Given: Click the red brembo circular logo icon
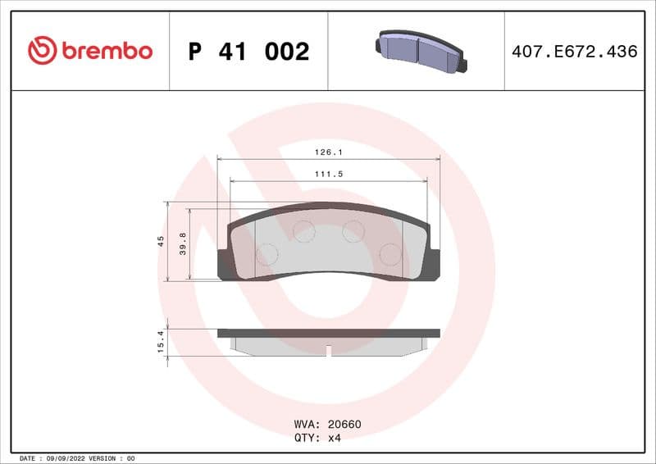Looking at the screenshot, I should pos(42,51).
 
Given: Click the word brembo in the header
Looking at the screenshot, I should pos(106,51).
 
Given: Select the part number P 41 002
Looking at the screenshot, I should pos(248,52).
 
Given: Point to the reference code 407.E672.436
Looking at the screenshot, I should pos(574,52).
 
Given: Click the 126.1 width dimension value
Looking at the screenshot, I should pos(328,152).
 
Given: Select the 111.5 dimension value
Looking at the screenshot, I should pos(328,174).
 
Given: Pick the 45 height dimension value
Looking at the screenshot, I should pos(161,241).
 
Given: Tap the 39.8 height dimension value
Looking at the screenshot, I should pos(183,243).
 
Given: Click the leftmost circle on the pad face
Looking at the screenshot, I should pos(266,255).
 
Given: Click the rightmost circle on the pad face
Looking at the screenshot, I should pos(391,255).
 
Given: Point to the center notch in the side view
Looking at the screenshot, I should pos(328,350).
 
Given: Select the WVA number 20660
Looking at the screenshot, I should pos(344,425).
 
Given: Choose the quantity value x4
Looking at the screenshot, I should pos(334,438).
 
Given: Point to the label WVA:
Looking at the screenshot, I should pos(308,425).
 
